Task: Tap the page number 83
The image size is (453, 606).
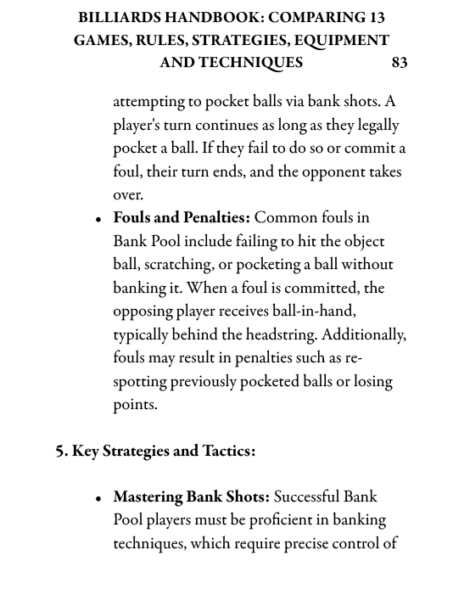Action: coord(400,63)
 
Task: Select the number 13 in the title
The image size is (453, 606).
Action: coord(375,17)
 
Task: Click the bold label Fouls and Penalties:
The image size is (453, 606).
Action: coord(182,218)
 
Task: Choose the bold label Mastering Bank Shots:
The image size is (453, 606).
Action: coord(191,497)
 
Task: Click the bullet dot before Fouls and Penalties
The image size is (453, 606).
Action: coord(99,220)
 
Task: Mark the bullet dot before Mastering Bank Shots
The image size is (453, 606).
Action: coord(99,499)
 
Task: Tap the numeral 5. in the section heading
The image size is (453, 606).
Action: coord(62,451)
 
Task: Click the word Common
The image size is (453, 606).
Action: coord(284,218)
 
